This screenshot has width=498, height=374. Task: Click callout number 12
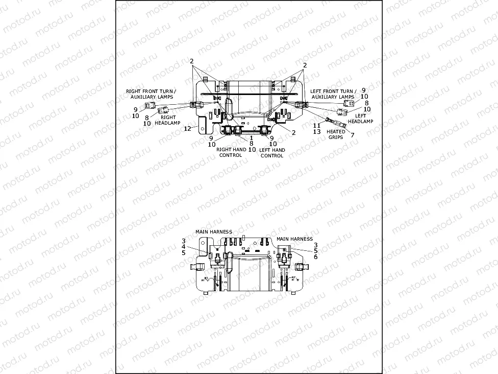coord(187,128)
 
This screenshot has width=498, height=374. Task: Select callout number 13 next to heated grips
coord(316,131)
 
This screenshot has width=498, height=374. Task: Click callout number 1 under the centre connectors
coord(252,138)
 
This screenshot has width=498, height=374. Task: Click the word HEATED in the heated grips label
coord(336,132)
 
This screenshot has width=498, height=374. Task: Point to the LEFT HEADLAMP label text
coord(361,118)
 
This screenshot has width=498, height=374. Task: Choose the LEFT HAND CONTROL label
coord(272,152)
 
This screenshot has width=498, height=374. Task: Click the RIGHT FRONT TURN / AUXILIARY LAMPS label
coord(151,93)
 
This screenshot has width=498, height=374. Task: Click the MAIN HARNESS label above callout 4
coord(214,231)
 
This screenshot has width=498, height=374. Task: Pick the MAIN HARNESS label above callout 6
coord(294,239)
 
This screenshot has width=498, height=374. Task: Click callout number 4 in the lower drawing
coord(184,247)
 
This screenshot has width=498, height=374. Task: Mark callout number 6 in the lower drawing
coord(316,257)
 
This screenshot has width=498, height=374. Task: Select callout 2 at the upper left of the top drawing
coord(192,61)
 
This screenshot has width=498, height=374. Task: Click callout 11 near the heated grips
coord(316,125)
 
